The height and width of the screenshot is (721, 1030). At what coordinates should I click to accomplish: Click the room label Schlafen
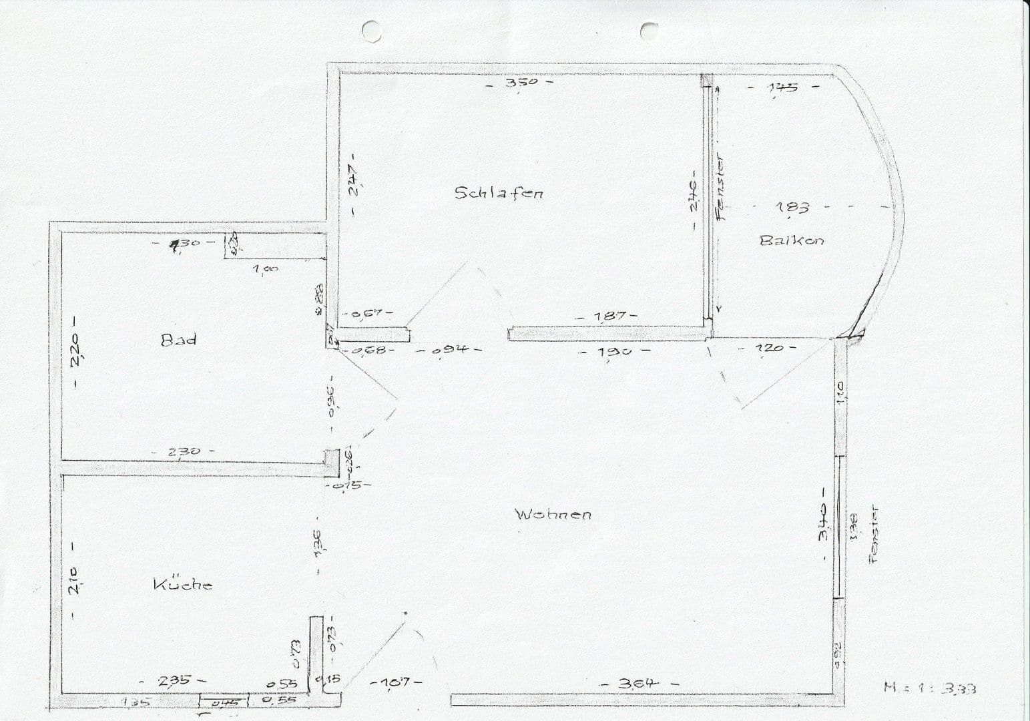point(499,193)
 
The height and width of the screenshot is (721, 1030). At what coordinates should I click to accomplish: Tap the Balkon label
point(792,240)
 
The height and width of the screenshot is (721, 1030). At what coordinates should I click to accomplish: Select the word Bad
point(179,339)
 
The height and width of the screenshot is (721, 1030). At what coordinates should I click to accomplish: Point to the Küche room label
point(183,585)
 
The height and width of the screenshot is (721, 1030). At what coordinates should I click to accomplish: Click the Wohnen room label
point(553,514)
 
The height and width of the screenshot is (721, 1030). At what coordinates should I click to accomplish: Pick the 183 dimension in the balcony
point(792,208)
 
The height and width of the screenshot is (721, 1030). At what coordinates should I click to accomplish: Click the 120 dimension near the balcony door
point(768,348)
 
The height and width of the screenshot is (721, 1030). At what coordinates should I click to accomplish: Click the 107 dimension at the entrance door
point(396,682)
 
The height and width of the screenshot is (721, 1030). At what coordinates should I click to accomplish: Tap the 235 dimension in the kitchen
point(173,680)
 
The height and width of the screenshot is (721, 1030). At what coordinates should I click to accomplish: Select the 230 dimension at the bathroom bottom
point(184,452)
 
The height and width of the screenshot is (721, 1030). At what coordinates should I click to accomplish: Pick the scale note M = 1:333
point(930,688)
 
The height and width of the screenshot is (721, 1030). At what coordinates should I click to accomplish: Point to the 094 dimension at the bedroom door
point(448,350)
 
